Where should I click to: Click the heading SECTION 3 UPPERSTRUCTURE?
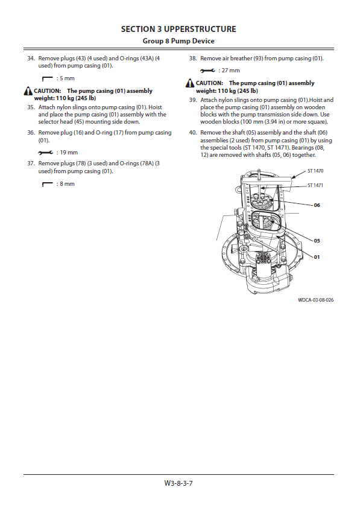pos(178,29)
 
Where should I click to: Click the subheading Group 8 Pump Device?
pos(178,41)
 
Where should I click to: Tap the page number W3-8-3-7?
pos(178,483)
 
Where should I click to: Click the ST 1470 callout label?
pos(315,171)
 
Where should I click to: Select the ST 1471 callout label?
pos(315,185)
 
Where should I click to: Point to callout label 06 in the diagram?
pos(317,205)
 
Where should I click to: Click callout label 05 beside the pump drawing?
pos(317,241)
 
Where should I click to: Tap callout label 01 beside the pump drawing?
pos(317,257)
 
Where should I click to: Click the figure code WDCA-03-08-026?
pos(315,300)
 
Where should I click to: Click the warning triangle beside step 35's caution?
pos(28,91)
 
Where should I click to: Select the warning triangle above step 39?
pos(190,83)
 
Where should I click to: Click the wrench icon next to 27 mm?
pos(207,71)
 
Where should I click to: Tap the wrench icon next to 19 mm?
pos(45,153)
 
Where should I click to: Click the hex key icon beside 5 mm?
pos(47,78)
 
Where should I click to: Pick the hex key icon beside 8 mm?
pos(47,184)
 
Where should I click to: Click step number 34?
pos(31,59)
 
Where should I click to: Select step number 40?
pos(193,132)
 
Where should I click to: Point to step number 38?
pos(193,59)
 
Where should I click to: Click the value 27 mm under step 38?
pos(231,71)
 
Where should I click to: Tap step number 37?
pos(31,164)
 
